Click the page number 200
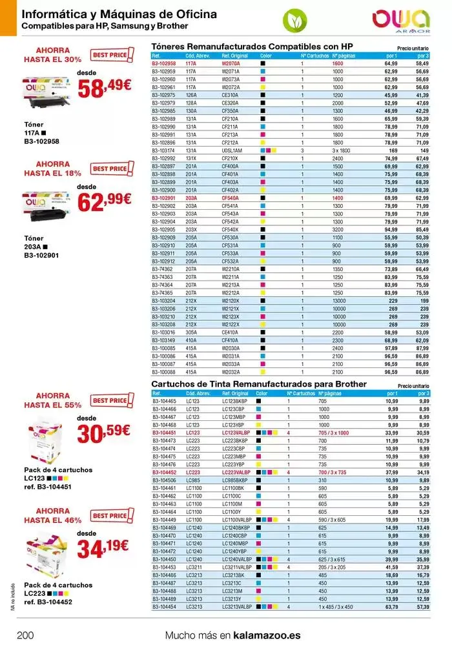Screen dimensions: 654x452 [25, 635]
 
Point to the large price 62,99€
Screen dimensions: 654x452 [104, 202]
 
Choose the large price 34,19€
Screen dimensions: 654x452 [104, 549]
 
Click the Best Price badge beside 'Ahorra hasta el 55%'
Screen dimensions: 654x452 [110, 400]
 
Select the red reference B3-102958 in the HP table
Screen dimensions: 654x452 [163, 64]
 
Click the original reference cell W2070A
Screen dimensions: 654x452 [231, 64]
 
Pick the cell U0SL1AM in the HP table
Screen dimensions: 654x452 [232, 150]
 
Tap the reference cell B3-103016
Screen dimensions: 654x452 [163, 332]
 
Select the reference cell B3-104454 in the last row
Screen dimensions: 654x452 [163, 607]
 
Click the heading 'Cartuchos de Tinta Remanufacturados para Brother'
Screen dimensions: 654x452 [258, 384]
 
